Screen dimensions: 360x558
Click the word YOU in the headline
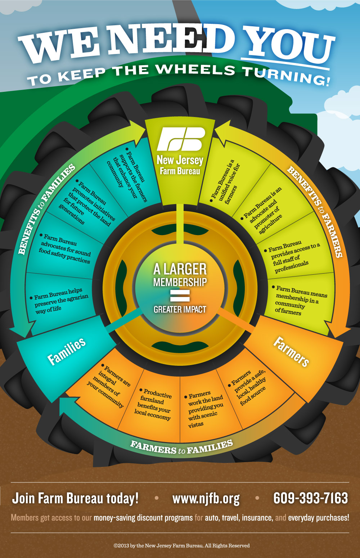pyautogui.click(x=289, y=45)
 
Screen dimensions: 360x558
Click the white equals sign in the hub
pyautogui.click(x=180, y=296)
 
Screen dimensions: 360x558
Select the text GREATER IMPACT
pyautogui.click(x=180, y=309)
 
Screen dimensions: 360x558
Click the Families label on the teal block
pyautogui.click(x=67, y=351)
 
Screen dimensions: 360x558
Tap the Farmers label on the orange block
pyautogui.click(x=291, y=351)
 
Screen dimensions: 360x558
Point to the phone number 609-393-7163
pyautogui.click(x=310, y=498)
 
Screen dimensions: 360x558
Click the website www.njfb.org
pyautogui.click(x=206, y=499)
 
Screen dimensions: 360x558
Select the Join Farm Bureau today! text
pyautogui.click(x=75, y=498)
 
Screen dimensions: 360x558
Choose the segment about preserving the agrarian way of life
pyautogui.click(x=59, y=301)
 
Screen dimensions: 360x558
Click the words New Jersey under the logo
pyautogui.click(x=180, y=160)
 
